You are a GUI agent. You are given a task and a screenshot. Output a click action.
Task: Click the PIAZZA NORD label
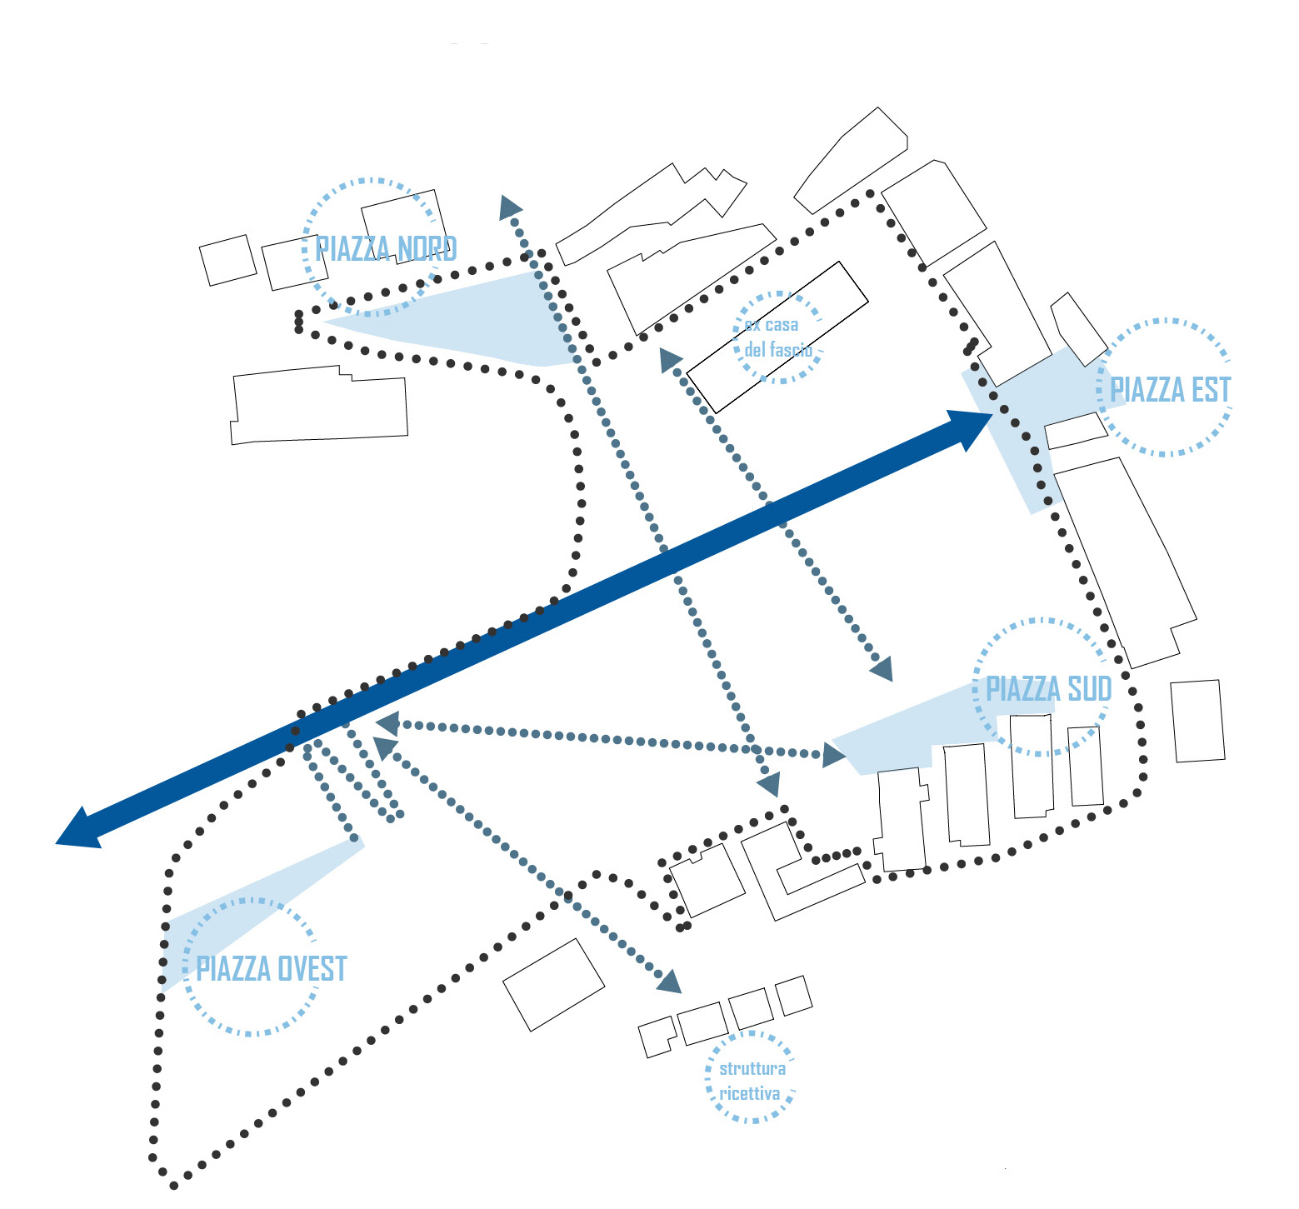386,249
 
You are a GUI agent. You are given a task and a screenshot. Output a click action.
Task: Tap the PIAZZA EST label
1171,390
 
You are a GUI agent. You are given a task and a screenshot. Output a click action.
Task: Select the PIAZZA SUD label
1048,689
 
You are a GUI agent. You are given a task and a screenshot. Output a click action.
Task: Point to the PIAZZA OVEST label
271,968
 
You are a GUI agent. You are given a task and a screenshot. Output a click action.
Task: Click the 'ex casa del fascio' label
777,337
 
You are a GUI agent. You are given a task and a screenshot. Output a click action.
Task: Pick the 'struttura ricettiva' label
751,1081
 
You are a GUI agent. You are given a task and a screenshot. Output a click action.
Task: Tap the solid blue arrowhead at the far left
80,830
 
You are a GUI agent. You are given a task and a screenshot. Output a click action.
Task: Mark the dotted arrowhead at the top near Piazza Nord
509,207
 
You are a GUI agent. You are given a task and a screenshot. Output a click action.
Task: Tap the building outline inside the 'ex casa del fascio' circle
777,337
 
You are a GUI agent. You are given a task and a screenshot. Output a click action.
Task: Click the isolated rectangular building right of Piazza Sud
1198,721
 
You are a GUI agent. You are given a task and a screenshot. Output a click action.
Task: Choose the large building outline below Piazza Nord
320,405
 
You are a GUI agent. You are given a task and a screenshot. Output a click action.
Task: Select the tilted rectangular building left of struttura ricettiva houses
553,985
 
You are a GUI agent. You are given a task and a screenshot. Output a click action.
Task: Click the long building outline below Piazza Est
1125,562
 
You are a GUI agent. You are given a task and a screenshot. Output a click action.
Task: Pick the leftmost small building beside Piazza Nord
227,260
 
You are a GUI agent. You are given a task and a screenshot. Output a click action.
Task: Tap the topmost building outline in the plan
850,161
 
